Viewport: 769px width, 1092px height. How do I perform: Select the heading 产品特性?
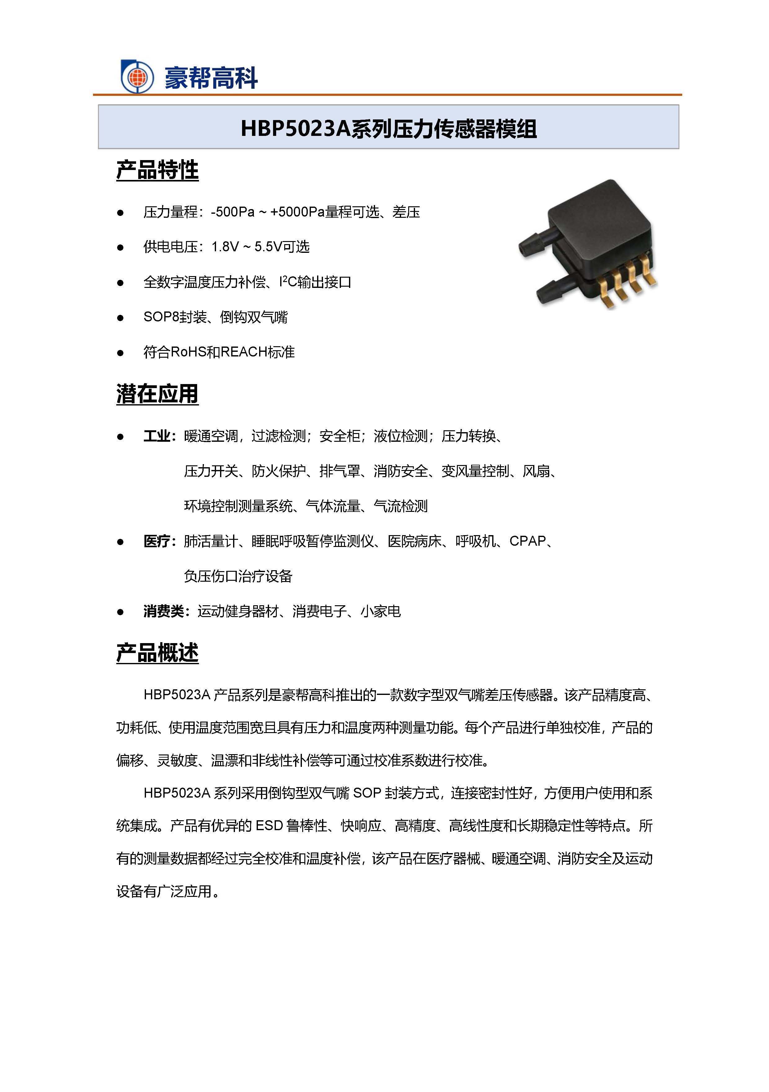tap(157, 170)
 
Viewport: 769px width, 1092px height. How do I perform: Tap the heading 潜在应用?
tap(157, 394)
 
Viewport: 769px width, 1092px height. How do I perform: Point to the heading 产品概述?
tap(157, 652)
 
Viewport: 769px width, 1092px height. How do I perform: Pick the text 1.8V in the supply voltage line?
tap(225, 247)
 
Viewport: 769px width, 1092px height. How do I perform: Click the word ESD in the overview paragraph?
tap(269, 825)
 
